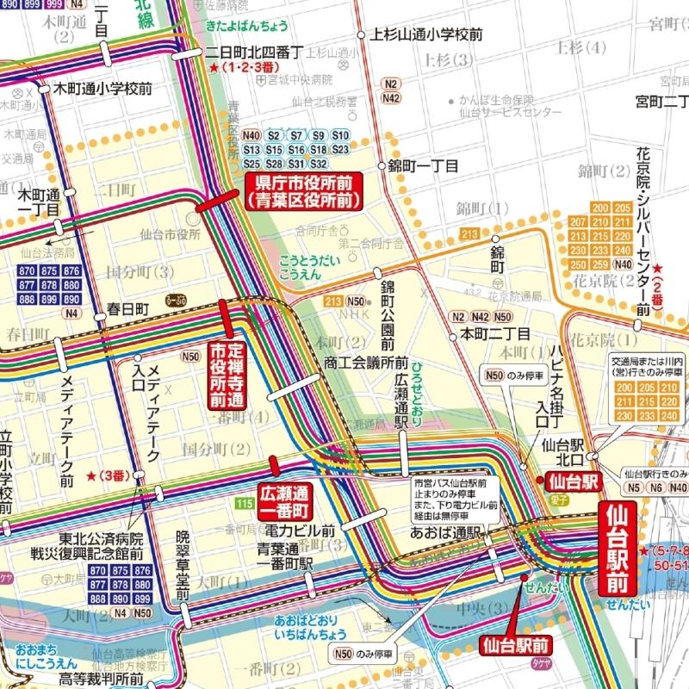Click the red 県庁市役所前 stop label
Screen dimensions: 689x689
pyautogui.click(x=302, y=191)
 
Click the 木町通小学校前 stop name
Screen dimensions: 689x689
pyautogui.click(x=103, y=88)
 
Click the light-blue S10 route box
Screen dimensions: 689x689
pyautogui.click(x=340, y=136)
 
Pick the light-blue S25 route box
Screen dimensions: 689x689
pyautogui.click(x=251, y=164)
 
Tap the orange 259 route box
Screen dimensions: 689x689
pyautogui.click(x=622, y=264)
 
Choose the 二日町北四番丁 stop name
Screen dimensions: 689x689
pyautogui.click(x=258, y=52)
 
